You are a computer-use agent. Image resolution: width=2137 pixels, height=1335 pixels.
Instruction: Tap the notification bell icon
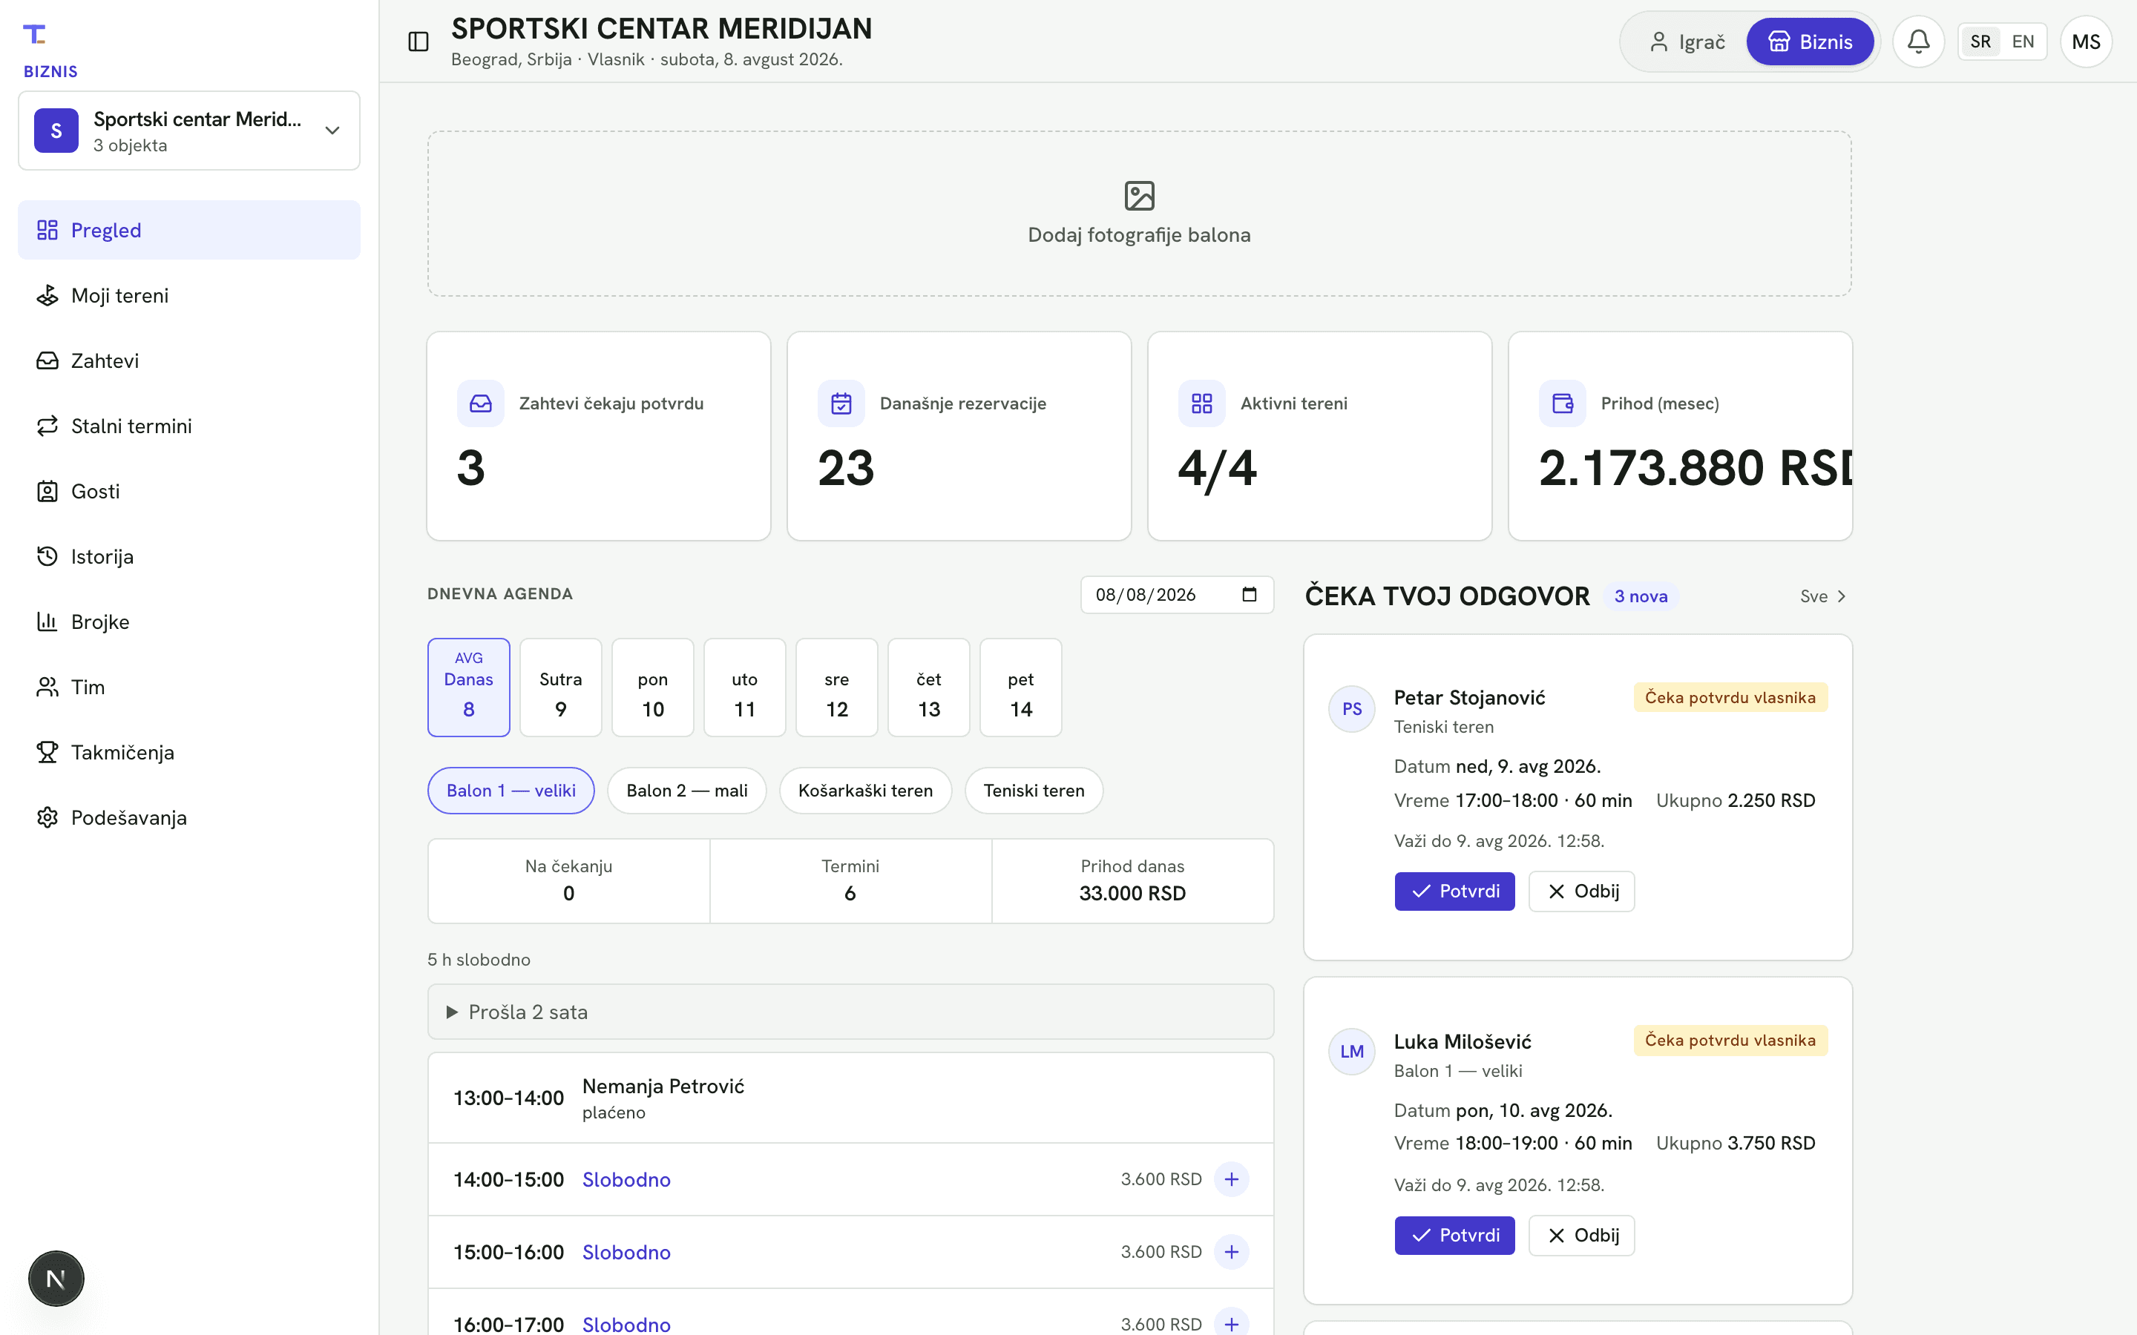tap(1918, 42)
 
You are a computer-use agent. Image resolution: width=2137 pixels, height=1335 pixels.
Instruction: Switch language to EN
tap(2022, 42)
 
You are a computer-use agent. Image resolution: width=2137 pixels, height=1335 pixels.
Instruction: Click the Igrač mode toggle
tap(1687, 42)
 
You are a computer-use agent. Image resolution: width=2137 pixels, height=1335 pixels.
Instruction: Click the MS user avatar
tap(2086, 42)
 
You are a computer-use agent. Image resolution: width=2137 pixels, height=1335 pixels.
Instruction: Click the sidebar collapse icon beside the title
tap(418, 42)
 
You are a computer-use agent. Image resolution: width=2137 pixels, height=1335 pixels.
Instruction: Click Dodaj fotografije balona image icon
tap(1139, 195)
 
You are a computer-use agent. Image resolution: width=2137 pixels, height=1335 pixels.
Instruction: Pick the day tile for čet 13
tap(928, 687)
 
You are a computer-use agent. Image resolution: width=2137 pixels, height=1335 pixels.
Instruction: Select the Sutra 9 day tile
tap(561, 687)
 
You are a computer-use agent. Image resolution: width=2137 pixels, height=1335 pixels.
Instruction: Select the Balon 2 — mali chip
tap(687, 790)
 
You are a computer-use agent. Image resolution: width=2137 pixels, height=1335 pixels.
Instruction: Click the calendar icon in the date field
tap(1250, 594)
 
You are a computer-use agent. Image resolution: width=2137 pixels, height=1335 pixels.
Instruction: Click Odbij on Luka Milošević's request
tap(1581, 1235)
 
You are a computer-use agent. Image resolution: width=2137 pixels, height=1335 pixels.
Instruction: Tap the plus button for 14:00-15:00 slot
tap(1231, 1179)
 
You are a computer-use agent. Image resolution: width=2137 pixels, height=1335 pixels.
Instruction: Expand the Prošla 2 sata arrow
tap(452, 1012)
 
